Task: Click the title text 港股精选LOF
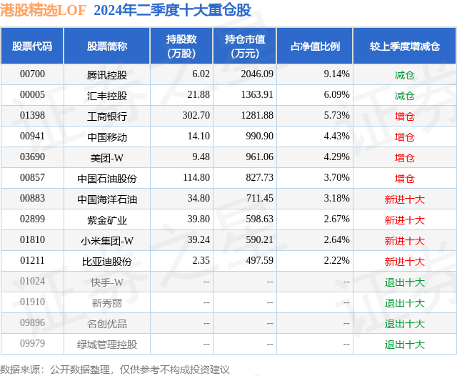point(42,10)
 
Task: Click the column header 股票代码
point(32,46)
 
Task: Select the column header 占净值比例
point(315,46)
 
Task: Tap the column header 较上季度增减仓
point(404,46)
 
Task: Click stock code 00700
point(32,74)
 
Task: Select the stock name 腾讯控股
point(107,74)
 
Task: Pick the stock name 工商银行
point(107,116)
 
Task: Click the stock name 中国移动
point(107,137)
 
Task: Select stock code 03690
point(32,157)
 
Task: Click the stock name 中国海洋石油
point(107,199)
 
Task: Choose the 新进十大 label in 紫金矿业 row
point(404,220)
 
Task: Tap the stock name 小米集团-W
point(107,241)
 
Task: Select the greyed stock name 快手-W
point(107,282)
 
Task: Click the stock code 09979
point(32,345)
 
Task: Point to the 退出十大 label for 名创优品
point(404,324)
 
